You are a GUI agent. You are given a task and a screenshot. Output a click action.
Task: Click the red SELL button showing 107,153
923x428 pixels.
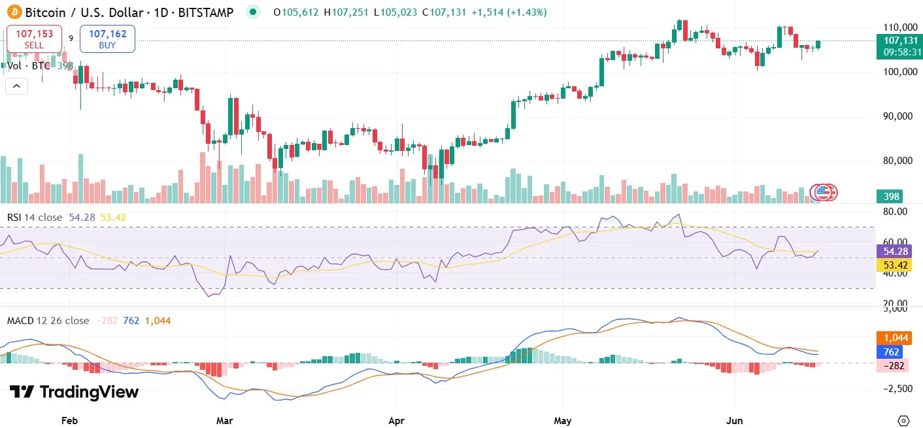click(x=34, y=39)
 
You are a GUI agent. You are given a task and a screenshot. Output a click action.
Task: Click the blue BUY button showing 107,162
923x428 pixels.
click(x=107, y=39)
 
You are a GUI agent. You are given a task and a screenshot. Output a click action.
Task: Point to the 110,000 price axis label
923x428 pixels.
click(x=899, y=27)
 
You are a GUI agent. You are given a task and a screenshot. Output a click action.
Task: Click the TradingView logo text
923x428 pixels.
click(x=74, y=392)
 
